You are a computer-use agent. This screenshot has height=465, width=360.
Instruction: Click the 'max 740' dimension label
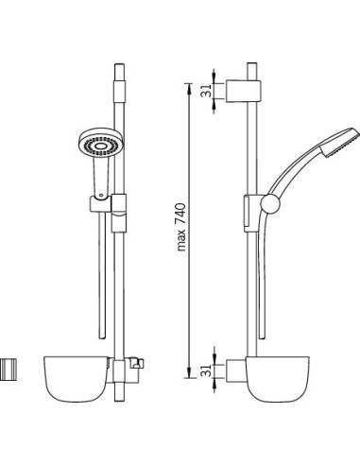tap(181, 227)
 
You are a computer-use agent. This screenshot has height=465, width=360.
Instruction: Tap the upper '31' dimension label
tap(207, 91)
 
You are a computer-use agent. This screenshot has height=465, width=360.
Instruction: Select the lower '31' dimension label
tap(207, 370)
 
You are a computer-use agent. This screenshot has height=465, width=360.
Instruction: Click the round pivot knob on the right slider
tap(270, 204)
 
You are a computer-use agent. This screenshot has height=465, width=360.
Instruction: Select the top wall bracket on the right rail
tap(243, 92)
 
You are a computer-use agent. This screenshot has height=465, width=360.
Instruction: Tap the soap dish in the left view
tap(77, 379)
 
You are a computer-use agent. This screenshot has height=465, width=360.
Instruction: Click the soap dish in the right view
tap(277, 379)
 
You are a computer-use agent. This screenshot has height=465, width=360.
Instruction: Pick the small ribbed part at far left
tap(9, 370)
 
